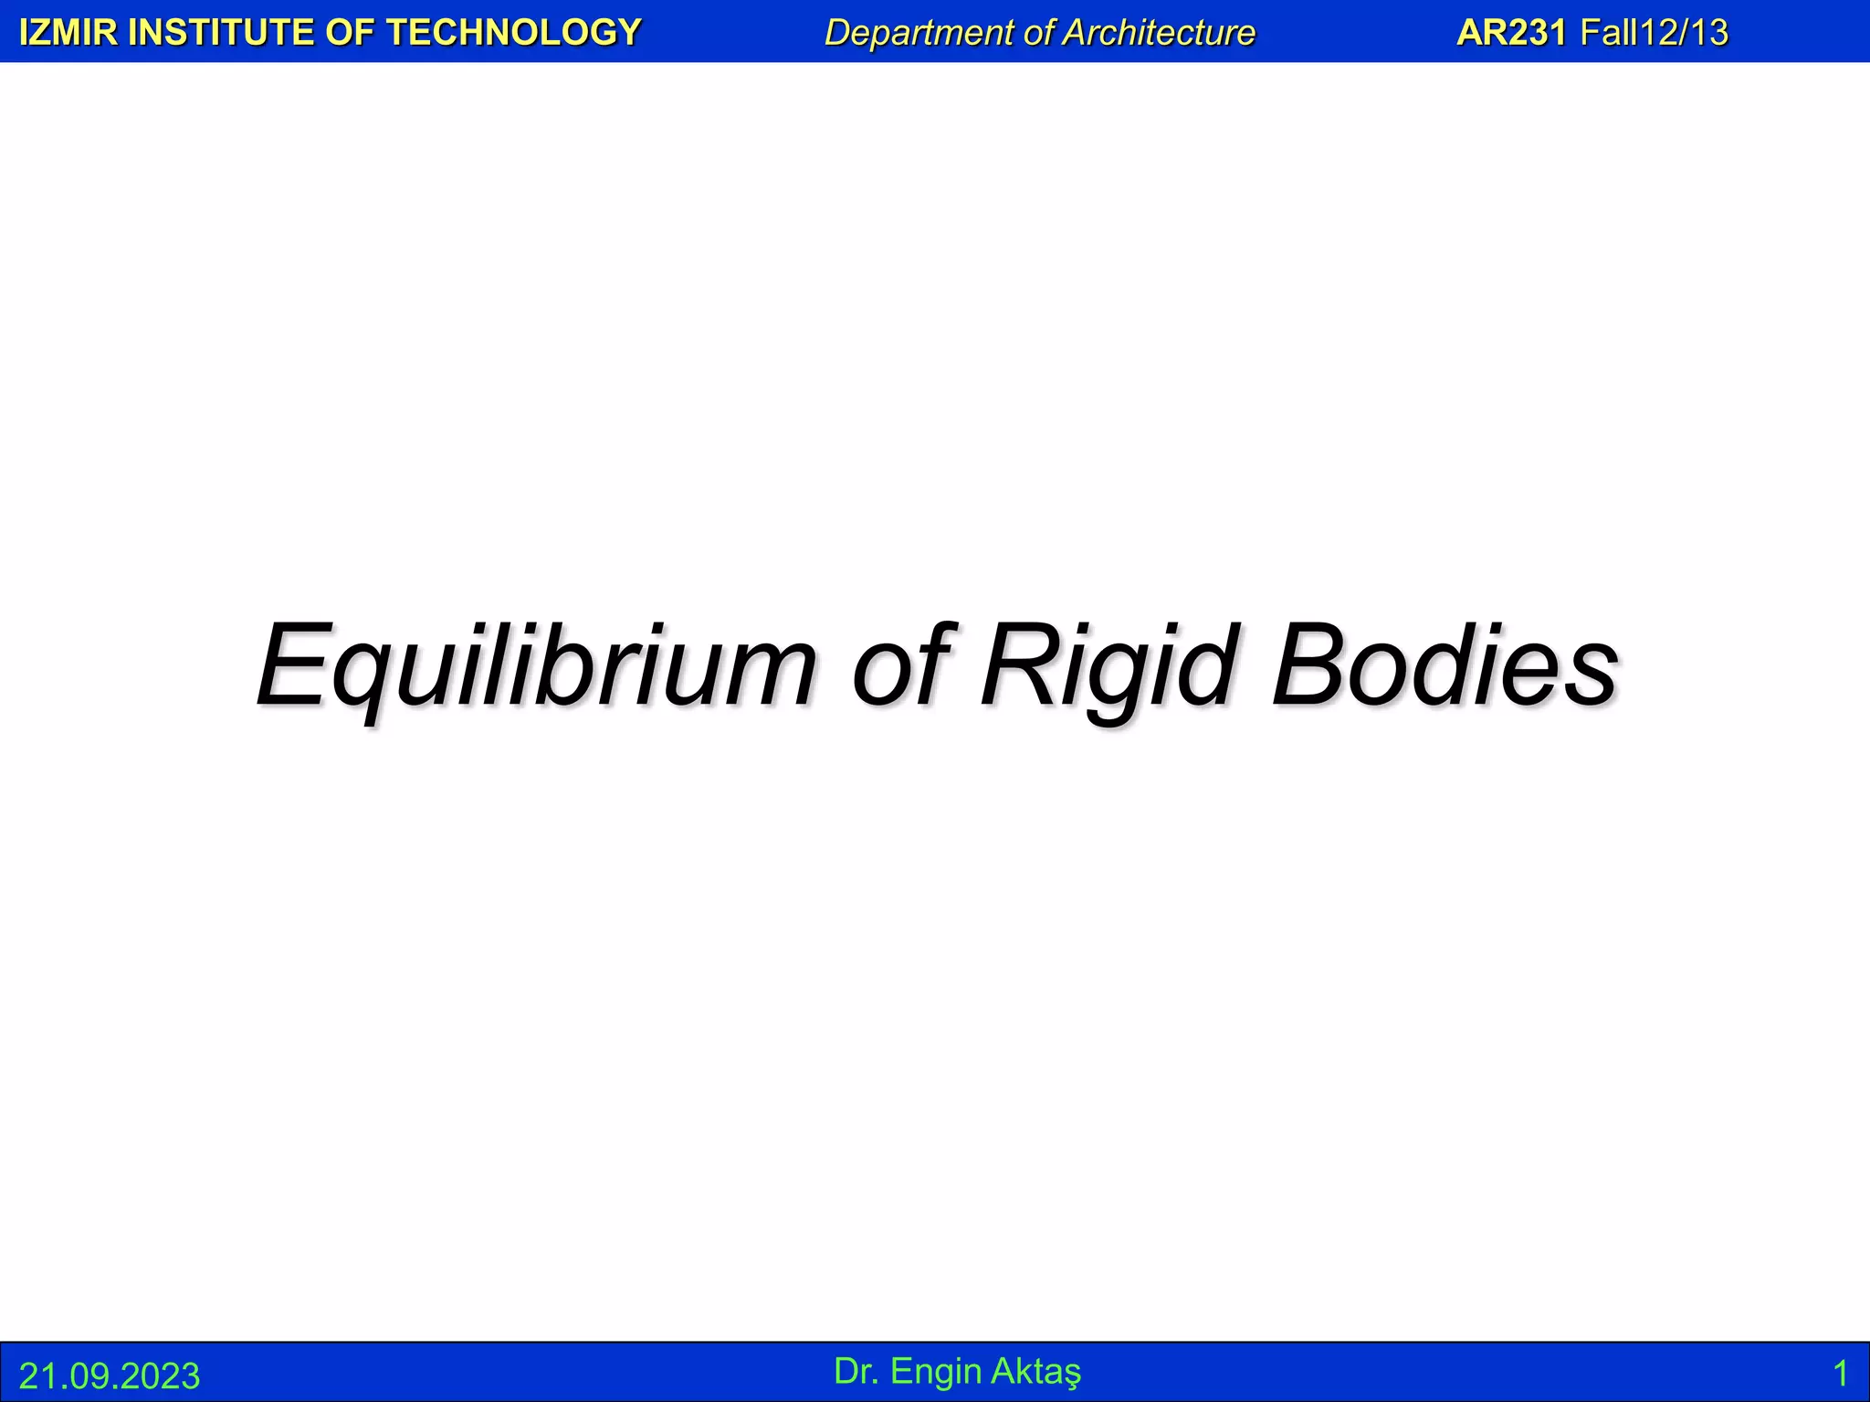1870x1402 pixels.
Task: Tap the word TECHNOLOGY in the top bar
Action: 514,33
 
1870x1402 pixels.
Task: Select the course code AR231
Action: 1511,33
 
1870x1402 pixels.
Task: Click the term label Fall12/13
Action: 1654,33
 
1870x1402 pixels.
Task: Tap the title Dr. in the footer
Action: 856,1371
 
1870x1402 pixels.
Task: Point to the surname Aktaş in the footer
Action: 1036,1371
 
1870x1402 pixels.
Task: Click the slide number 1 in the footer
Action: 1840,1374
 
